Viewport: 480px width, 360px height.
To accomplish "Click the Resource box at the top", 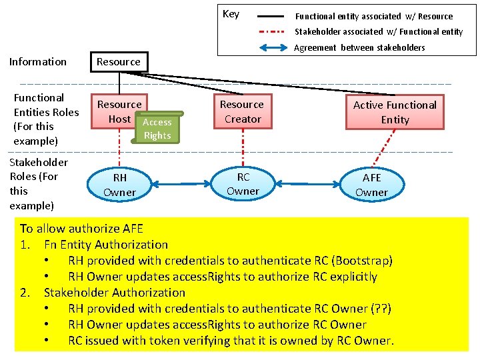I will point(119,62).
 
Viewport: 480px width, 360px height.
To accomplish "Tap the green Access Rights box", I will point(157,129).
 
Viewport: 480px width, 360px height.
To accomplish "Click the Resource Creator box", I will point(243,111).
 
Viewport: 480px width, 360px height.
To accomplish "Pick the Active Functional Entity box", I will point(395,112).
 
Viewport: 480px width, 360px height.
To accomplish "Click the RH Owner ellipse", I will point(120,185).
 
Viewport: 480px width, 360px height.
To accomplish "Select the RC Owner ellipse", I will point(243,184).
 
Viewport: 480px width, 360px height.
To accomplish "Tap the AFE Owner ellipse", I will point(371,185).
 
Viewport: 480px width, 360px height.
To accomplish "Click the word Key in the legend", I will point(231,14).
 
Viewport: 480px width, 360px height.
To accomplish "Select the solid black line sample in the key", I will point(272,15).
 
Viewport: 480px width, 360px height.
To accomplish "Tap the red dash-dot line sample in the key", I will point(272,31).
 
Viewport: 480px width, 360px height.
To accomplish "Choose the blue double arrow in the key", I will point(272,47).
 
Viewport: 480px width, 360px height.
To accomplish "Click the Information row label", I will point(38,62).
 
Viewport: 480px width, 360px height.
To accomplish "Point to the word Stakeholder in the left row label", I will point(39,162).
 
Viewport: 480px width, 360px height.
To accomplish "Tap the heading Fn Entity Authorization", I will point(105,245).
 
